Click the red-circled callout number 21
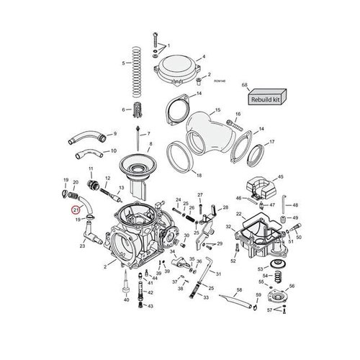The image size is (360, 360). click(x=76, y=210)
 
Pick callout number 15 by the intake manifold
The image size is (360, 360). click(x=217, y=112)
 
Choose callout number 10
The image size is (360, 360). click(x=113, y=151)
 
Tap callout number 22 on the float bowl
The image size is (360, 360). click(x=239, y=215)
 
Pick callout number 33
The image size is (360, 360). click(x=207, y=296)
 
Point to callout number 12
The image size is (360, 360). click(x=107, y=179)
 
